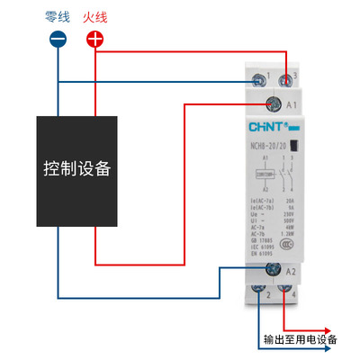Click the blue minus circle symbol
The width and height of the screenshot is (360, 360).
[x=58, y=39]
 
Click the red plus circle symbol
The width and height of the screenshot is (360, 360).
[x=95, y=39]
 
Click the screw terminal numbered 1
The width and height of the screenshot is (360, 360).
[x=259, y=79]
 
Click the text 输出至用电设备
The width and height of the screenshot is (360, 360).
[x=300, y=340]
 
